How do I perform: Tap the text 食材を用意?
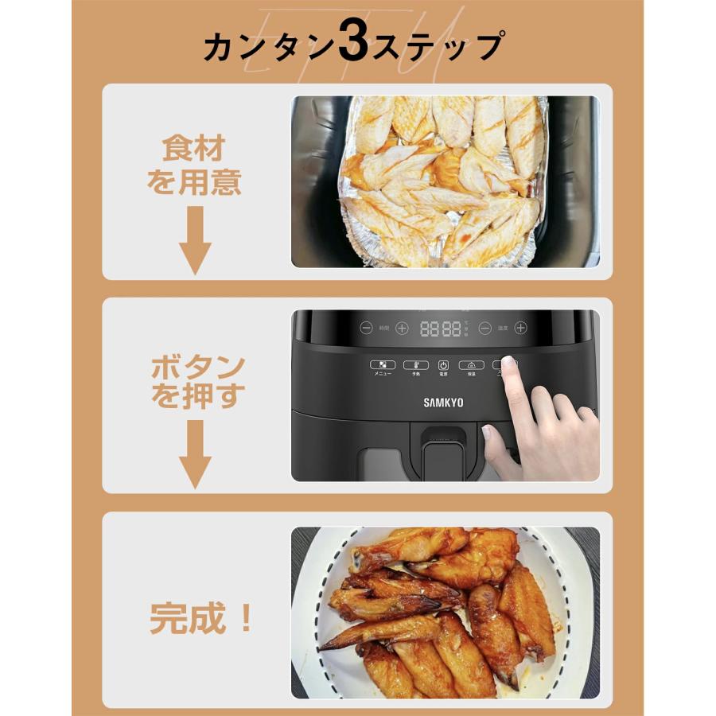coord(193,165)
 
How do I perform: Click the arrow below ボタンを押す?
coord(194,454)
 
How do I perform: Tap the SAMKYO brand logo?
coord(442,403)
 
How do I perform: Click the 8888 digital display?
coord(440,328)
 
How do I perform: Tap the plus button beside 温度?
coord(520,327)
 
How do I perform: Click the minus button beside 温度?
coord(484,327)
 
